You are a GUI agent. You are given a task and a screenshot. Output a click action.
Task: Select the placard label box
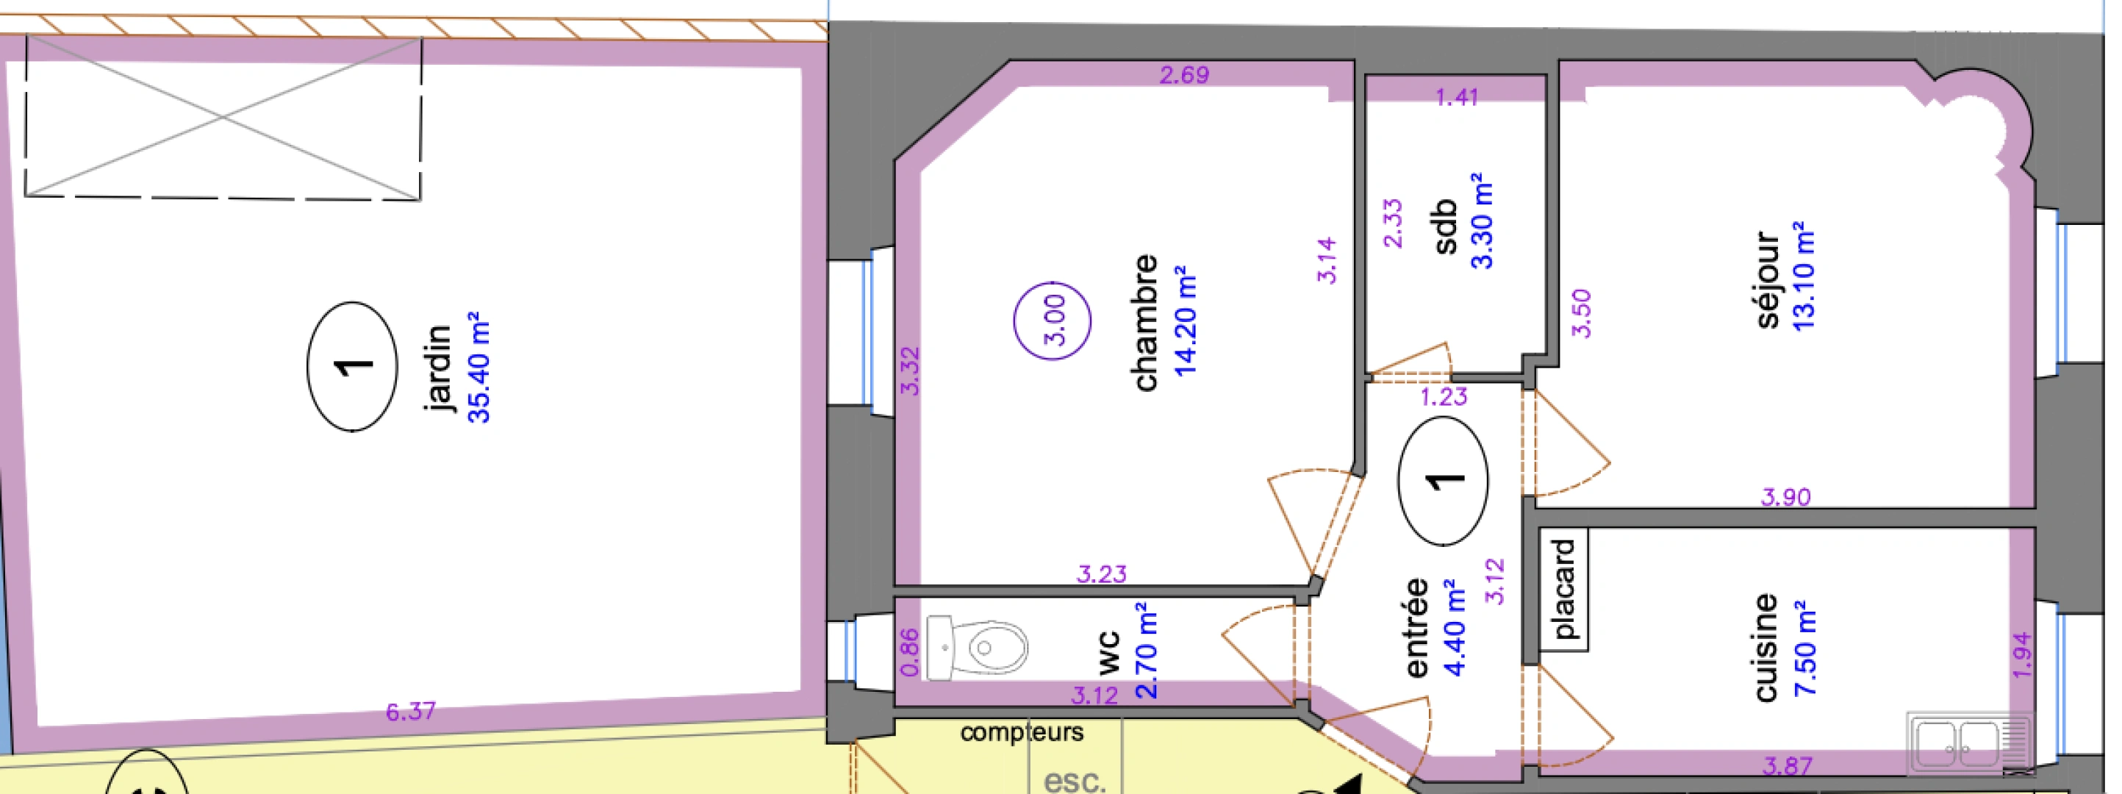point(1563,590)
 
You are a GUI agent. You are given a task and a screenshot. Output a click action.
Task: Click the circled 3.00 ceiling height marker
point(1052,321)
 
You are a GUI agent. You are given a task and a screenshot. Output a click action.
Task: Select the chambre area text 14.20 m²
point(1185,321)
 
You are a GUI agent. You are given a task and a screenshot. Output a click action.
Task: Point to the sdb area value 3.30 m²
point(1482,221)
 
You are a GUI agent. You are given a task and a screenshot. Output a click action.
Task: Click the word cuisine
point(1765,648)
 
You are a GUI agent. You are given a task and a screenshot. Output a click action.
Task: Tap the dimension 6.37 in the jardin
point(410,711)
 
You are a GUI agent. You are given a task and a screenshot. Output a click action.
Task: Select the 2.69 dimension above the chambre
point(1185,75)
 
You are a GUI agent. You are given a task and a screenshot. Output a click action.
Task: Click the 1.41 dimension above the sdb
point(1458,97)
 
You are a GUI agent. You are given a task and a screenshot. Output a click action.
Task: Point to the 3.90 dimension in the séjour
point(1786,497)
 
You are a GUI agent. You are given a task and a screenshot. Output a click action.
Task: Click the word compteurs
point(1022,732)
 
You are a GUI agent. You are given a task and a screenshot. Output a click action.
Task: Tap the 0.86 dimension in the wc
point(908,652)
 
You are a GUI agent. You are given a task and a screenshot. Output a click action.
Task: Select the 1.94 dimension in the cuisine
point(2022,656)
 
